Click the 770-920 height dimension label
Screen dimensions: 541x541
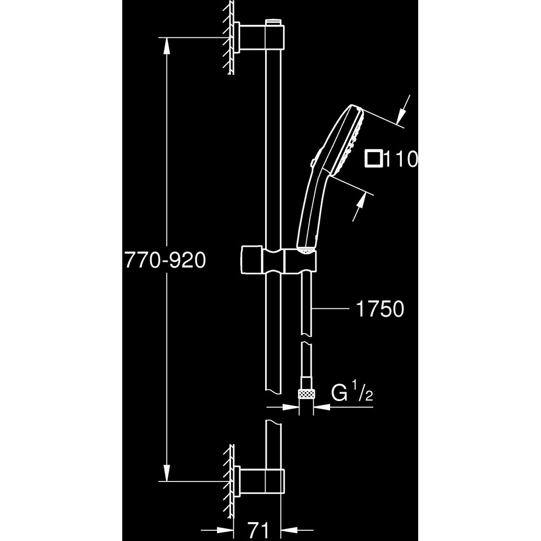166,261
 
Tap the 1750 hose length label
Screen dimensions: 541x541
380,309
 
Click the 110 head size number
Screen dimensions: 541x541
400,160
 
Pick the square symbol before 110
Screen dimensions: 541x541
373,160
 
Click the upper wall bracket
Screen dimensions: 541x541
250,38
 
